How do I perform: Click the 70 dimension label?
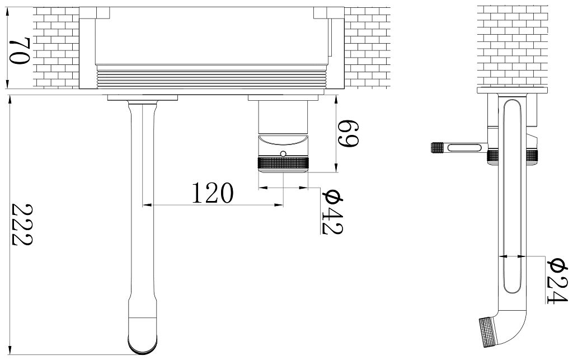[20, 50]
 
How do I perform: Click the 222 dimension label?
[22, 225]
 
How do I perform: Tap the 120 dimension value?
[212, 193]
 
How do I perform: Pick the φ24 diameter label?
[557, 281]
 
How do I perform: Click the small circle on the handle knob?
[283, 153]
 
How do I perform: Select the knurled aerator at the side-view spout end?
[489, 332]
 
